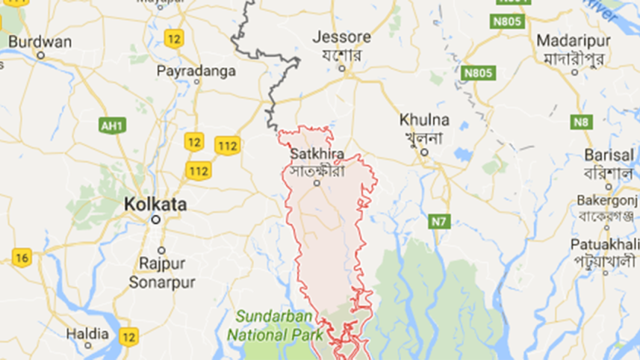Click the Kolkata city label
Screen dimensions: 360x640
[x=155, y=203]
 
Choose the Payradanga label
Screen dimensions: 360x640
[x=196, y=70]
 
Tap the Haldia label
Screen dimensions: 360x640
[x=87, y=332]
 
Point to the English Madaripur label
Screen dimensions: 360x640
[x=570, y=39]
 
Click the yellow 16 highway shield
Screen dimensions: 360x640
[x=22, y=258]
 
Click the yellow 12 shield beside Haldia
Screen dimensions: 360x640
[x=128, y=336]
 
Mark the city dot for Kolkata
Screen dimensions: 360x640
[x=155, y=220]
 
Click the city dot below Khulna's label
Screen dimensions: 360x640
[x=423, y=153]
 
